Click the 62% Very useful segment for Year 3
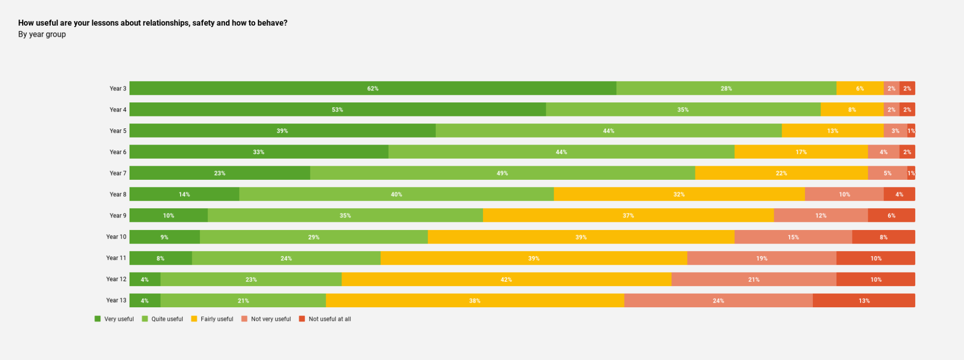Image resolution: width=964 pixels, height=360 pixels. click(373, 88)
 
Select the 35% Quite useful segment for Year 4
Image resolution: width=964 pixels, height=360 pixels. click(683, 109)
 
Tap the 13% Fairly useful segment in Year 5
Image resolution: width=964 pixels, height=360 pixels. click(832, 131)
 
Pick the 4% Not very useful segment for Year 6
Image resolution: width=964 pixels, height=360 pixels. click(883, 152)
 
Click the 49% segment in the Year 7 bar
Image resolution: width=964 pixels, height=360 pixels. click(502, 173)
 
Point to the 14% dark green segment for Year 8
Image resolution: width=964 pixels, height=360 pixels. click(184, 194)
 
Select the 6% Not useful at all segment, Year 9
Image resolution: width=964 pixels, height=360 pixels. click(891, 215)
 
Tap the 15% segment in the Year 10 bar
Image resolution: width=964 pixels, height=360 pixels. click(793, 237)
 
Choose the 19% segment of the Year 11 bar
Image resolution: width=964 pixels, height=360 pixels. click(761, 258)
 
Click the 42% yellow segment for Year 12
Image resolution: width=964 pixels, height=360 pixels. click(506, 279)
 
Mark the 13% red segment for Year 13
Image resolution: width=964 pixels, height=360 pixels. click(864, 301)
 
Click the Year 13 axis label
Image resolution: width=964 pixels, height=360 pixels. click(116, 300)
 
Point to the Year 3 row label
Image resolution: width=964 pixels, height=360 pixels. click(118, 88)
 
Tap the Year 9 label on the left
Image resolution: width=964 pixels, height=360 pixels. click(118, 215)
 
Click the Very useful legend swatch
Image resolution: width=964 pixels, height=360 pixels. click(97, 319)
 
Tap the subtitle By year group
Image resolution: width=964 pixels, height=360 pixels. click(42, 34)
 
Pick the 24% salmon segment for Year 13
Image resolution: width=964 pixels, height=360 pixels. click(718, 301)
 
